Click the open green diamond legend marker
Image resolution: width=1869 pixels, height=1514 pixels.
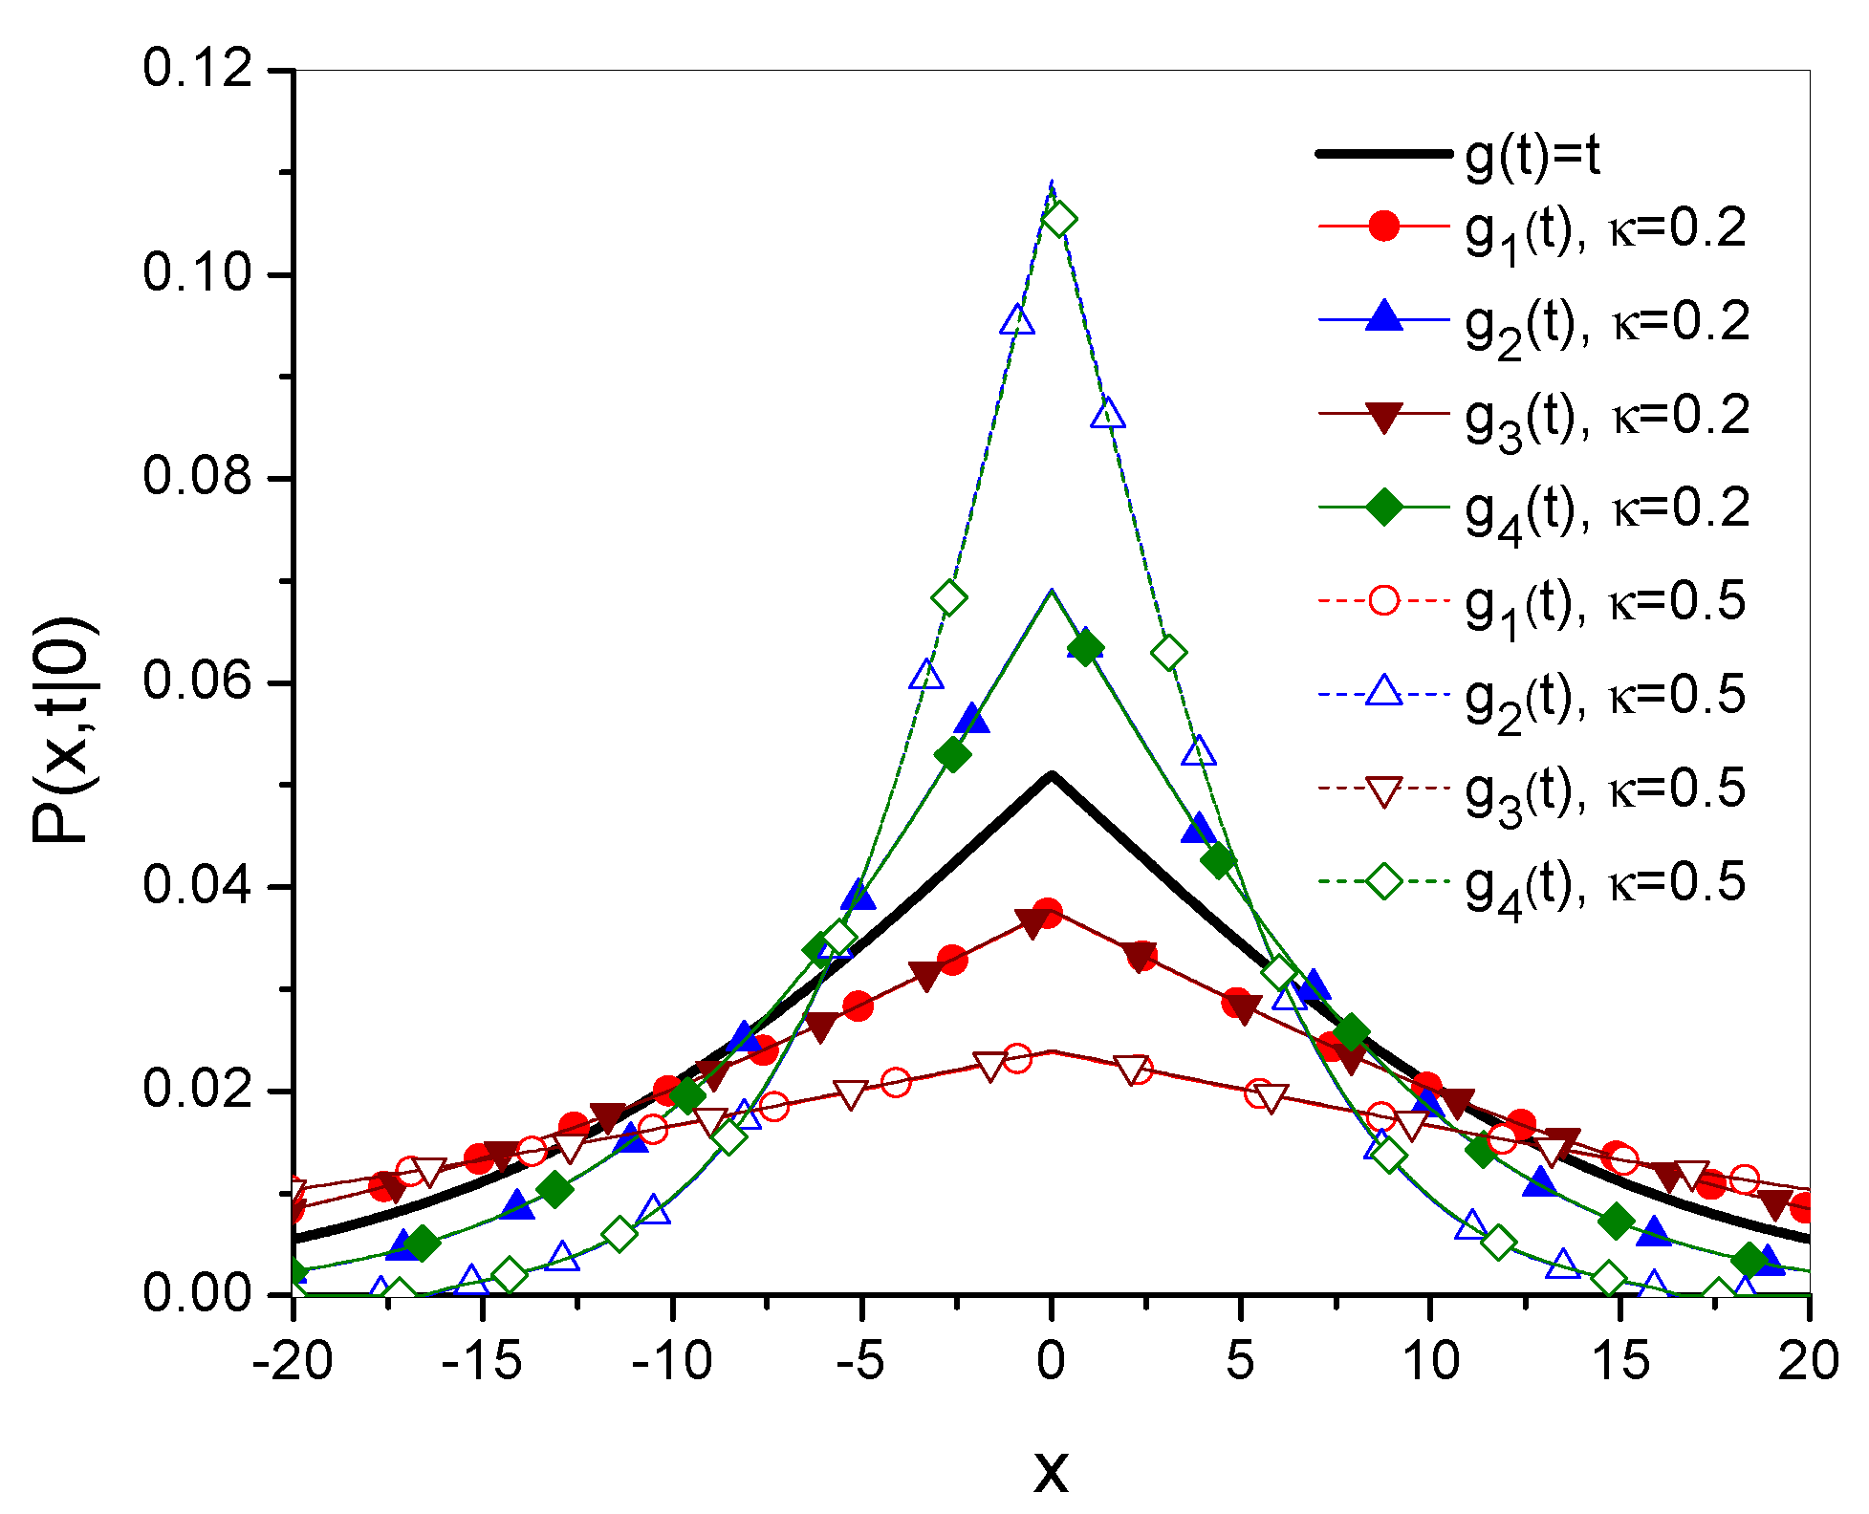click(1383, 881)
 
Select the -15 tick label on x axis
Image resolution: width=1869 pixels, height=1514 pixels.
click(482, 1361)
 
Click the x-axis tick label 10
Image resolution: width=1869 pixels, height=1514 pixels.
click(1430, 1361)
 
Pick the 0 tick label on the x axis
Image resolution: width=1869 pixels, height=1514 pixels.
click(1051, 1361)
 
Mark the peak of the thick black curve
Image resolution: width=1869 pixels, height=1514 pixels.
click(1052, 775)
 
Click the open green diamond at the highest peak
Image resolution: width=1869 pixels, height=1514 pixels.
click(1058, 221)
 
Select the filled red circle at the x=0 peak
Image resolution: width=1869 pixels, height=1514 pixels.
click(1047, 913)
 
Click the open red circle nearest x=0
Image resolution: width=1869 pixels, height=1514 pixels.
click(1016, 1058)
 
